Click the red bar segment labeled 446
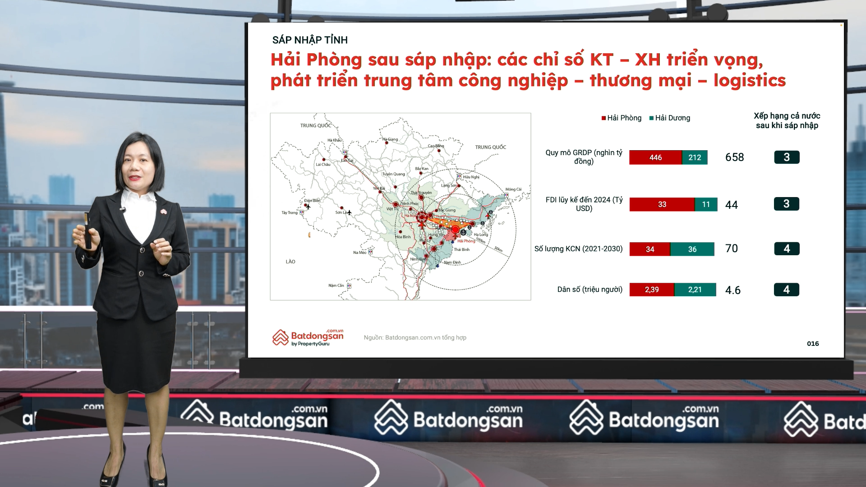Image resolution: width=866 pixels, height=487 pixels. point(655,157)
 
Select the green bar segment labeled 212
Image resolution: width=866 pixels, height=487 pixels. point(695,157)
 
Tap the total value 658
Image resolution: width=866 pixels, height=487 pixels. point(734,157)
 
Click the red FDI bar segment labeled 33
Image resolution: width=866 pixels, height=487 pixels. point(662,204)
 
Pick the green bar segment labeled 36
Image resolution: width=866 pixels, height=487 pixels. point(692,249)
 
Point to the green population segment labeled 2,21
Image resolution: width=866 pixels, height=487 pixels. point(695,289)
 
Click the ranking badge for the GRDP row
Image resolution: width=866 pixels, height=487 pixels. point(787,157)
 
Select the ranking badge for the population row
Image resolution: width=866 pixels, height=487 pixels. point(786,289)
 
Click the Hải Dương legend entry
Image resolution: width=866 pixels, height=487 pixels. point(670,118)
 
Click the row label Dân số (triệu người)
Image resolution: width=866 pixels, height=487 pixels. point(590,289)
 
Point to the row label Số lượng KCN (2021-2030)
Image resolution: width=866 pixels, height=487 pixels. point(578,249)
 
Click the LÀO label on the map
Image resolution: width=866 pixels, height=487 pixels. point(290,262)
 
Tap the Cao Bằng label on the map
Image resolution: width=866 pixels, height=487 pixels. point(436,146)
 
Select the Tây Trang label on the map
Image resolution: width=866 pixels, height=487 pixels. point(290,212)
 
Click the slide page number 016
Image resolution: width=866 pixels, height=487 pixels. point(813,344)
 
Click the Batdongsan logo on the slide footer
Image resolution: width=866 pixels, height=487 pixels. point(308,337)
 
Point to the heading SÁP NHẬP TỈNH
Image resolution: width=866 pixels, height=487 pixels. point(310,40)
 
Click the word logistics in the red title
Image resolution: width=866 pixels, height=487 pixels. point(749,81)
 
